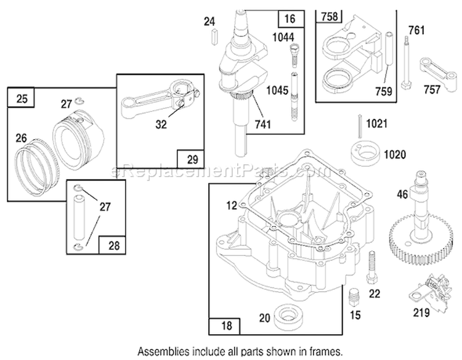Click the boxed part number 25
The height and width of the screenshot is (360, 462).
point(22,98)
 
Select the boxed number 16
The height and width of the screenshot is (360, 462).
point(290,19)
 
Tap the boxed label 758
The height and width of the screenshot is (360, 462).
point(330,16)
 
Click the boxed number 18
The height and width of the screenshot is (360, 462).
point(226,326)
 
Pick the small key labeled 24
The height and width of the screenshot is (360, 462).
point(214,37)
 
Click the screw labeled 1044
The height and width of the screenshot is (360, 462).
point(294,56)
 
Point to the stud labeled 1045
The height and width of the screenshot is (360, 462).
point(294,97)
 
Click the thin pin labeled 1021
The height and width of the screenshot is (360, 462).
point(360,126)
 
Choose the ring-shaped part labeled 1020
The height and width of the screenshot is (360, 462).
point(365,153)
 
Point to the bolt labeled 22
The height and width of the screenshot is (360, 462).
point(371,267)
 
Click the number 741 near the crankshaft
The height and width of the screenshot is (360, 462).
point(262,124)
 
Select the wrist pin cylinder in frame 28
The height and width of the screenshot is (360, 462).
point(79,217)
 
